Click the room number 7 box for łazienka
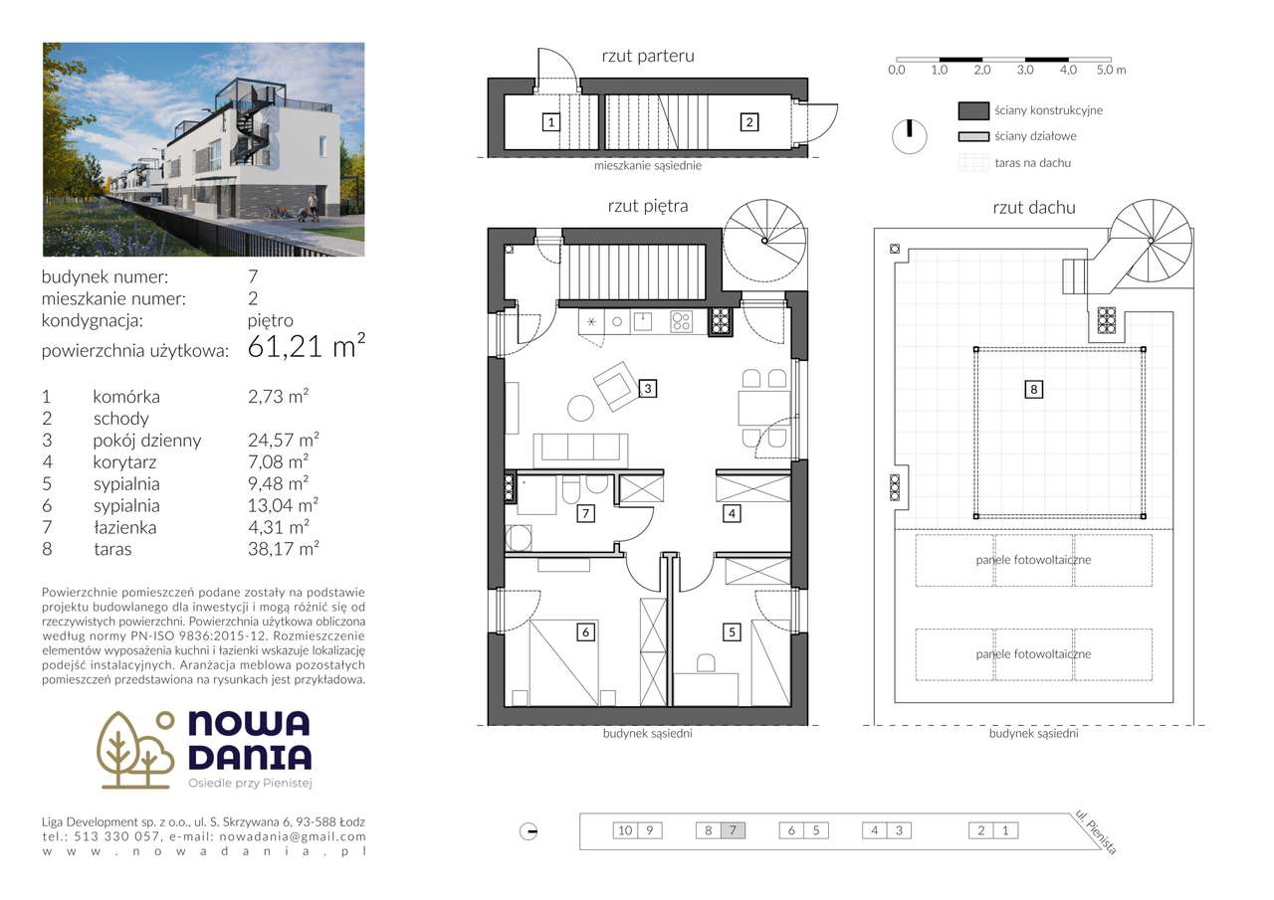[x=586, y=514]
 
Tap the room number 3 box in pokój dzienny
[x=647, y=389]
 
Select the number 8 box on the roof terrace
[x=1034, y=390]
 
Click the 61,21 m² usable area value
[x=307, y=347]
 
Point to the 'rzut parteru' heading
[x=648, y=57]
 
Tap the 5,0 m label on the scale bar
[x=1111, y=71]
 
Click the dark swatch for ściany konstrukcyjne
[x=972, y=110]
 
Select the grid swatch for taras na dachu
[x=972, y=163]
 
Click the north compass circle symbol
[x=909, y=136]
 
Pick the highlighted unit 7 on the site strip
[x=733, y=830]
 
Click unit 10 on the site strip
[x=625, y=830]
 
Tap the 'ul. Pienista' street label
[x=1096, y=832]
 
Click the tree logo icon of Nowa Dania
[x=135, y=749]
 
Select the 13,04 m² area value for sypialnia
[x=283, y=506]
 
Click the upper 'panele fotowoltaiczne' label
[x=1033, y=560]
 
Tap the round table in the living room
[x=580, y=406]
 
